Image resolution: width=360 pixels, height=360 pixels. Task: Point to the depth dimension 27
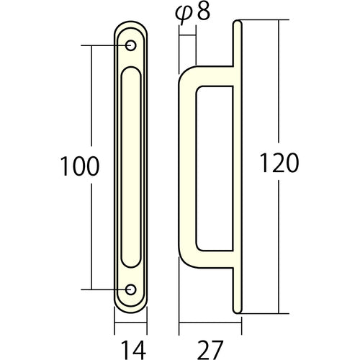tap(210, 350)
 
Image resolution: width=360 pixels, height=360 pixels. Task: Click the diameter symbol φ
tap(184, 15)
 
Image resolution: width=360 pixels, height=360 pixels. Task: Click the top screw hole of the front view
tap(131, 46)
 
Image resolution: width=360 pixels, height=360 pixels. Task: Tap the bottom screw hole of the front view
tap(131, 289)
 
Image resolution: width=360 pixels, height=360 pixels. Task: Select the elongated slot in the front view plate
tap(131, 167)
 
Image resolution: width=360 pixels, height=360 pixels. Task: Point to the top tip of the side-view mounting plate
tap(238, 25)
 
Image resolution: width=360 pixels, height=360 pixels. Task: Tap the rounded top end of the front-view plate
tap(131, 27)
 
